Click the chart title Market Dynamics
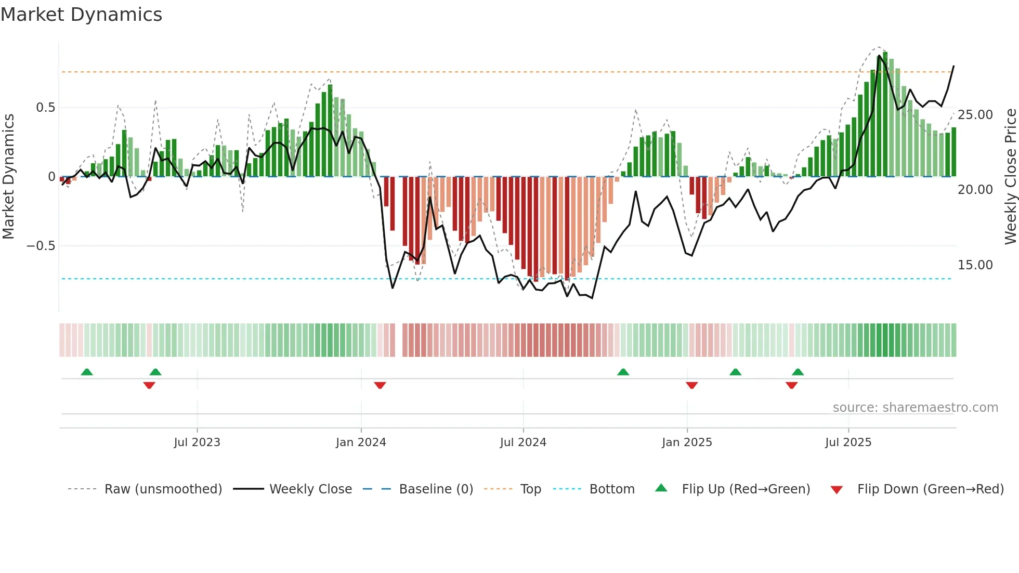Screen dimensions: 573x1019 click(x=81, y=15)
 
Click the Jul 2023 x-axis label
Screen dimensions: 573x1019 click(x=197, y=442)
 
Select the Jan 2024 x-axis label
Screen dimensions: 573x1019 click(x=361, y=442)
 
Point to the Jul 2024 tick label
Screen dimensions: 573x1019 click(x=523, y=442)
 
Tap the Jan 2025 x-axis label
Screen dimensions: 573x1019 click(x=687, y=442)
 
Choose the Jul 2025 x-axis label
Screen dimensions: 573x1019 click(x=848, y=442)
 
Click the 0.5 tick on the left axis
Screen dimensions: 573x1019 click(x=45, y=108)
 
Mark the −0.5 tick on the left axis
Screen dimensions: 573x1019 click(x=41, y=245)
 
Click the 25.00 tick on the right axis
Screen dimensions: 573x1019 click(x=975, y=115)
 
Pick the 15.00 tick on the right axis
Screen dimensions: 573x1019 click(x=975, y=265)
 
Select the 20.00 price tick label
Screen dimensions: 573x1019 click(x=975, y=190)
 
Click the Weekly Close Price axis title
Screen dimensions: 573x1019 click(x=1010, y=177)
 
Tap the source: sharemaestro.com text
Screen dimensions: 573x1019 click(x=915, y=408)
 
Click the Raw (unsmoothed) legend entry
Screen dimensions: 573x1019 click(x=163, y=489)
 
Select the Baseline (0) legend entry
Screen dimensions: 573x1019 click(x=436, y=489)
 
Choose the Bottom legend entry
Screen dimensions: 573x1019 click(x=611, y=489)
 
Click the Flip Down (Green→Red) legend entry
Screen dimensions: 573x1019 click(x=930, y=489)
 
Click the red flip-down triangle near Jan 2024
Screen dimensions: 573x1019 click(x=380, y=385)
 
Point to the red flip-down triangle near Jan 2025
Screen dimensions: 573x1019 click(x=691, y=385)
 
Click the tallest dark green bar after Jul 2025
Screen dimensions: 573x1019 click(x=885, y=114)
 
